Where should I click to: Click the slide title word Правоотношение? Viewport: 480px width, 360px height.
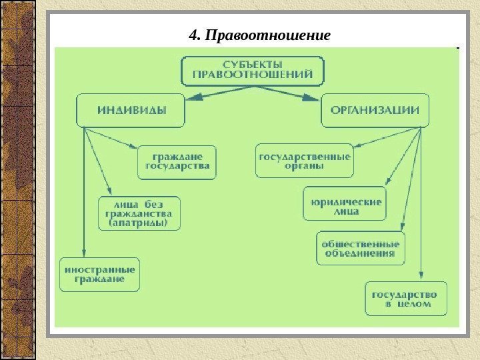269,35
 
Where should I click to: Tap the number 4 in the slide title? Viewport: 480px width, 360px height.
194,35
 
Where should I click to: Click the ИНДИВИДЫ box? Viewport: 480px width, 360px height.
131,111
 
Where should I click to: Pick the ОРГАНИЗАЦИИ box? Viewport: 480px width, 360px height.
375,111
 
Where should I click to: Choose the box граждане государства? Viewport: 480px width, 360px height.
177,162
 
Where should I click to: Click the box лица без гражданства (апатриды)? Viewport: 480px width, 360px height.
139,213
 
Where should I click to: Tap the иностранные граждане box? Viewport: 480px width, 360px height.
100,274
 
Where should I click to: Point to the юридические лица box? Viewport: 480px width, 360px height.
344,203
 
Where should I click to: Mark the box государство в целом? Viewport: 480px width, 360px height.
405,299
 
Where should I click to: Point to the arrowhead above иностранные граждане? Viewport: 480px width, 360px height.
83,251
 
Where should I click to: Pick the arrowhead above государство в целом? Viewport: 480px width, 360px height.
421,275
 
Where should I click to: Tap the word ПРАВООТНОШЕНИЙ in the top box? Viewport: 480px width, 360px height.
253,75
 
